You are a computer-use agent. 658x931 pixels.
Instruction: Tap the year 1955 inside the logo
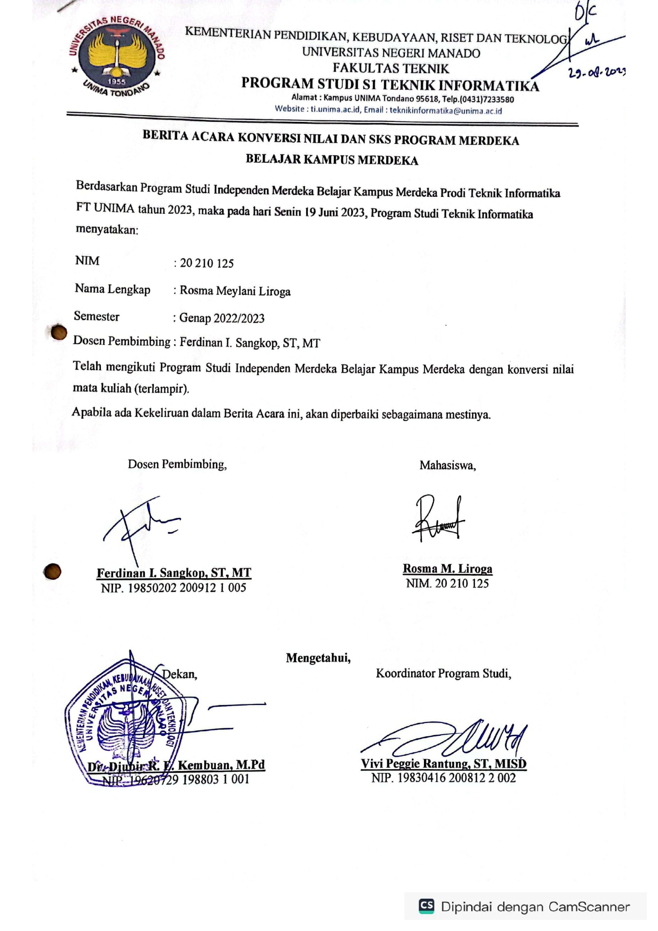point(117,82)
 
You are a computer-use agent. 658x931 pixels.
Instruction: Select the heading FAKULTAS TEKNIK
point(391,68)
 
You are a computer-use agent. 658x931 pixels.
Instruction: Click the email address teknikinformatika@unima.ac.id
point(446,111)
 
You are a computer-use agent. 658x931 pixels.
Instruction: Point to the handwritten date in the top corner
point(596,72)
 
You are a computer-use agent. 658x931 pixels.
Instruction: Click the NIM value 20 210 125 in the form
point(207,263)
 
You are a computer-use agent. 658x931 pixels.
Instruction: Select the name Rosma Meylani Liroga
point(235,291)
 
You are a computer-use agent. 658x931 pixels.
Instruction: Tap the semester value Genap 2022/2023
point(222,318)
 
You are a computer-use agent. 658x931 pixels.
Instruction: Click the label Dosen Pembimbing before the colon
point(122,341)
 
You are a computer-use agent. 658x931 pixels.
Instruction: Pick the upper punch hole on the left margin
point(59,333)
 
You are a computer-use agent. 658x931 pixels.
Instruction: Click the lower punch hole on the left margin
point(52,572)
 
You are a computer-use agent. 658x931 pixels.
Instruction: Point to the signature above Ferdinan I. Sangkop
point(141,525)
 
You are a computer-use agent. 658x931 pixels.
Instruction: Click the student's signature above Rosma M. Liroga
point(438,519)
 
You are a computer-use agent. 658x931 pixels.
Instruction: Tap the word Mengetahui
point(318,658)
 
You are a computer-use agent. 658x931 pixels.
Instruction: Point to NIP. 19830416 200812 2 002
point(444,778)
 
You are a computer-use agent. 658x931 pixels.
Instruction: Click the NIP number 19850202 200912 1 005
point(174,588)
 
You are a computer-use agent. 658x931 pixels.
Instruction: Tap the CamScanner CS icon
point(427,906)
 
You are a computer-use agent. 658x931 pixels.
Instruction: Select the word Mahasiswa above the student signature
point(447,466)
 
